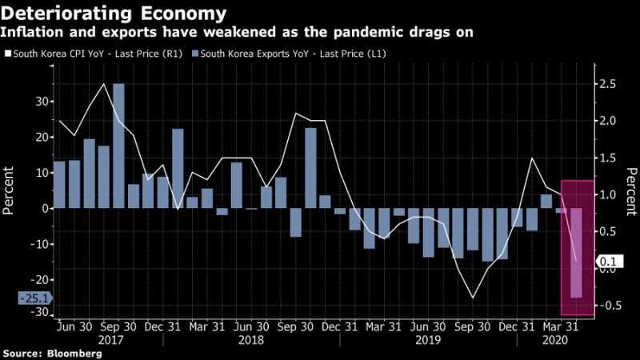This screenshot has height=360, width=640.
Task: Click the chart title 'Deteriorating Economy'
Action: coord(114,14)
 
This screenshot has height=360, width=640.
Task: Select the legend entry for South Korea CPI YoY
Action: coord(94,54)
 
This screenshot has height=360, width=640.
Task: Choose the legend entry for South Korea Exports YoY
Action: coord(289,54)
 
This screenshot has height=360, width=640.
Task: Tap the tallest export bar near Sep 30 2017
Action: coord(118,146)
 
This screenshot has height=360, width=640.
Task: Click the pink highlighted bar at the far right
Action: coord(576,253)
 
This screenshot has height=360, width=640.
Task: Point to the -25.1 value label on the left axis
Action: coord(35,298)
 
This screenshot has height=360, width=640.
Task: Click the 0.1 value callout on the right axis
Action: coord(610,262)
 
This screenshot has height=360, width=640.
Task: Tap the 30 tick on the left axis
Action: coord(42,102)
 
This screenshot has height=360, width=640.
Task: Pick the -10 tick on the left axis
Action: coord(38,244)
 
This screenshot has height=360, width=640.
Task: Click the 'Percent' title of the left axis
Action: coord(8,190)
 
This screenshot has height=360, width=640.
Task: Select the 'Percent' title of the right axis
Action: coord(632,191)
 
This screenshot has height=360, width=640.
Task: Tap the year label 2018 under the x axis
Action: coord(250,340)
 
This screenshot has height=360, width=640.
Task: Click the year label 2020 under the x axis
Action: coord(554,340)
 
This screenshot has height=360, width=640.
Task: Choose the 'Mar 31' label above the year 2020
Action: coord(561,327)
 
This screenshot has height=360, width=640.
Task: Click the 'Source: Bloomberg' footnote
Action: coord(52,354)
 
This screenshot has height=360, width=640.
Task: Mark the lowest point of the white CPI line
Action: coord(473,298)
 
